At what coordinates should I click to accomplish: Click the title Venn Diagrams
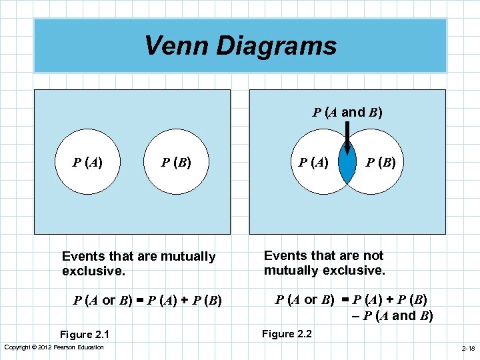point(240,46)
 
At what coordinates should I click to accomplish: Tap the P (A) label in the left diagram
point(87,161)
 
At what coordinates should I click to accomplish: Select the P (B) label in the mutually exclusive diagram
point(176,161)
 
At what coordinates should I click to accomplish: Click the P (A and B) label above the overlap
point(347,112)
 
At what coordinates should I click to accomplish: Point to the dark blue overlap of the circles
point(347,164)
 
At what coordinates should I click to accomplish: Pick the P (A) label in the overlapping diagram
point(313,161)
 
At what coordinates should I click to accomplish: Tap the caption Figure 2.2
point(287,333)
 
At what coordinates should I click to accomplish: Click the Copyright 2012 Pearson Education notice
point(54,347)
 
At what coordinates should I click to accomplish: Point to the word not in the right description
point(372,255)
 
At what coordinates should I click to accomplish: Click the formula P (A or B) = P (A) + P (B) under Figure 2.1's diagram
point(147,300)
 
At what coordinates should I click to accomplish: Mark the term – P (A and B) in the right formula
point(392,315)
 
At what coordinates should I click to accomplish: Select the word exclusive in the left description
point(89,271)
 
